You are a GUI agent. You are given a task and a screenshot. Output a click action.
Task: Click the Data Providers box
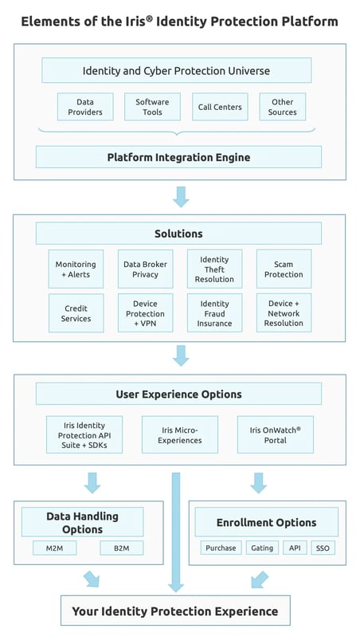84,107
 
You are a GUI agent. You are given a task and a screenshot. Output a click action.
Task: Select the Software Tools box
152,107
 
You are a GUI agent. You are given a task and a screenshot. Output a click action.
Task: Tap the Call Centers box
219,107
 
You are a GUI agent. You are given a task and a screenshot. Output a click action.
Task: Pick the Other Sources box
282,107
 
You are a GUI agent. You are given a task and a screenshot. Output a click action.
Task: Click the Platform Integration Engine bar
178,157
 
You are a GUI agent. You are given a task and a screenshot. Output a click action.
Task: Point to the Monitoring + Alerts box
76,269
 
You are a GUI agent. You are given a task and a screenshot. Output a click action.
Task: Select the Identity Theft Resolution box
214,269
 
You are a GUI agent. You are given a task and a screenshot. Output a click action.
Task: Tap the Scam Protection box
284,269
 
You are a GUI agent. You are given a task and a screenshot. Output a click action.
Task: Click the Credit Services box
76,313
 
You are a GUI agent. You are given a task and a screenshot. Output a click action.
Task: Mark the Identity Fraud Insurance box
214,313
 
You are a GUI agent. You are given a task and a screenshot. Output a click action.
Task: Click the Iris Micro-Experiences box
180,434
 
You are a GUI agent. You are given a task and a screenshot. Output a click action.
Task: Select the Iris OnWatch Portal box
276,434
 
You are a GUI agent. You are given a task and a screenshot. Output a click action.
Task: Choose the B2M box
121,548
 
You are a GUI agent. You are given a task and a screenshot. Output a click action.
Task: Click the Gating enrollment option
261,548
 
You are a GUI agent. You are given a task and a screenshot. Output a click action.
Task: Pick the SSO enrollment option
322,548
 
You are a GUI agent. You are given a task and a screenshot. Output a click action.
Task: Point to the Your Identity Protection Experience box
175,611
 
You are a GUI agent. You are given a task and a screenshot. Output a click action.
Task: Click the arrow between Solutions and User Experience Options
181,355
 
